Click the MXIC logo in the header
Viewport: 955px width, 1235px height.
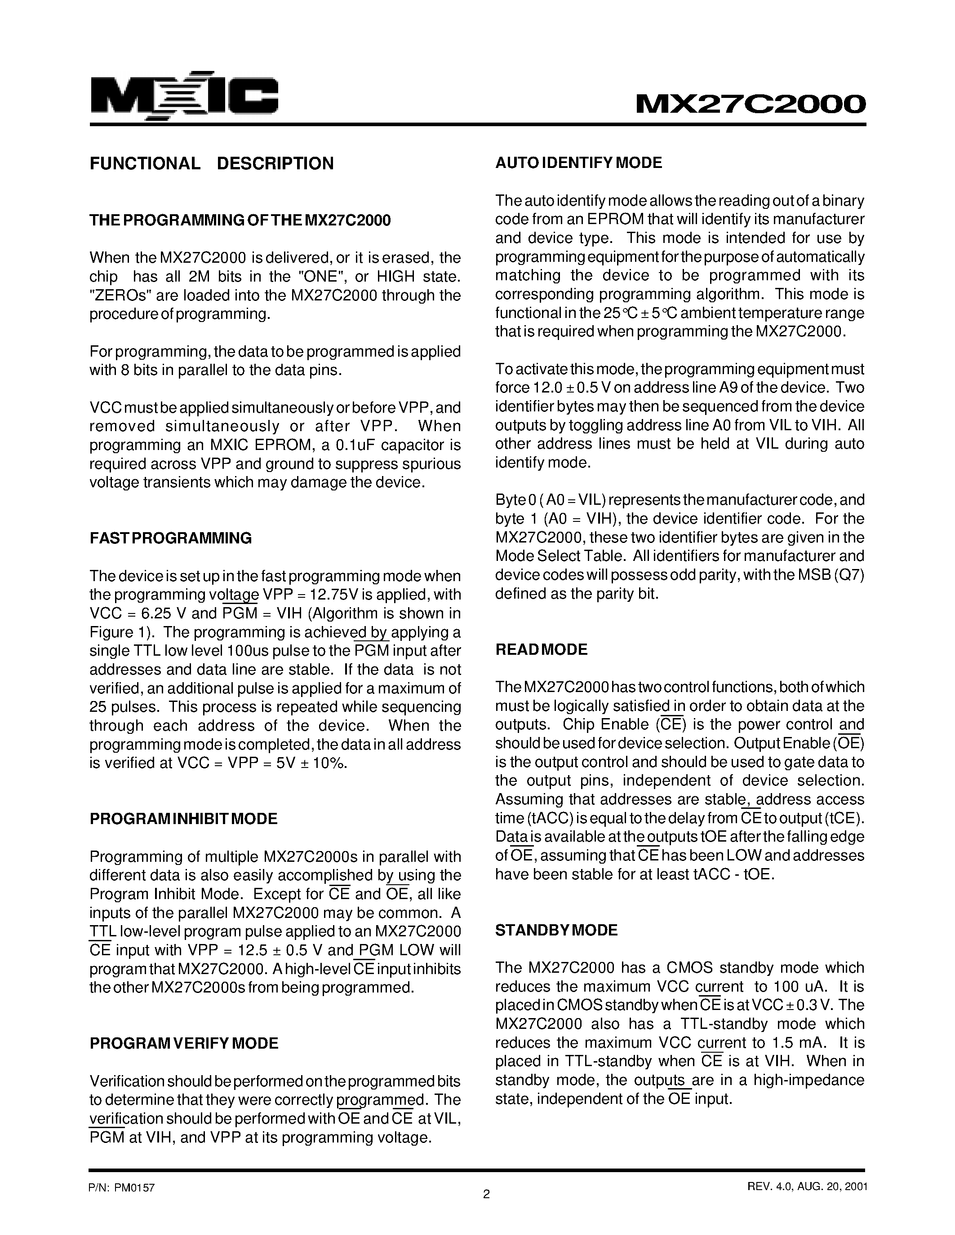[184, 96]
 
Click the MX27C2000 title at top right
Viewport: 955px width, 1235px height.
[750, 104]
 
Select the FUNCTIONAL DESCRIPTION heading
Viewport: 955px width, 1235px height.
[212, 163]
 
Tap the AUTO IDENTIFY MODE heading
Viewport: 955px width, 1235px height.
[578, 163]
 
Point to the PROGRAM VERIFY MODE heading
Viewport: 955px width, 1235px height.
[184, 1043]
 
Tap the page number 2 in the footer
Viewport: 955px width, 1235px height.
[486, 1194]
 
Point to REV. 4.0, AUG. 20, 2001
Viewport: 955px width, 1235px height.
[807, 1186]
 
